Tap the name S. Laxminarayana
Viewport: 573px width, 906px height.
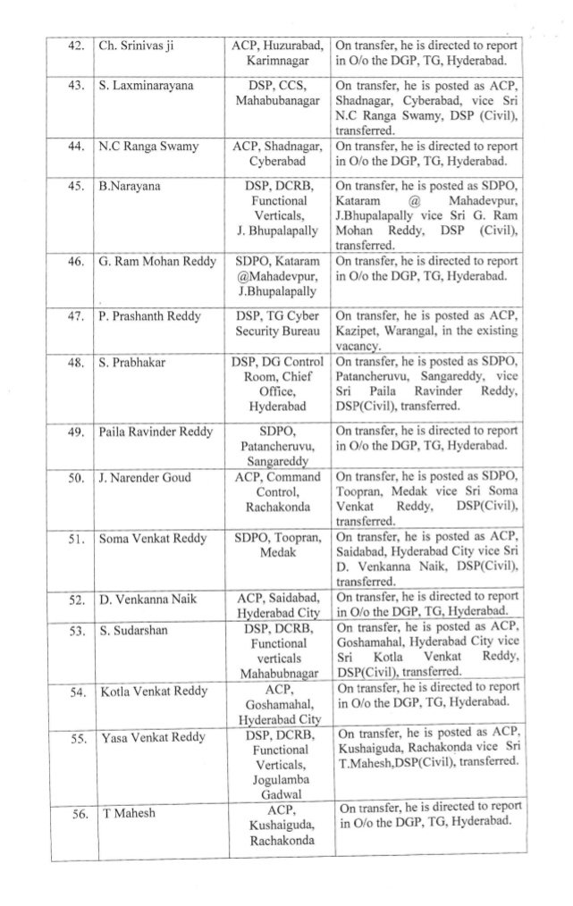[146, 88]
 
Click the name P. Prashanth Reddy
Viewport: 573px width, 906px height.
[149, 315]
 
